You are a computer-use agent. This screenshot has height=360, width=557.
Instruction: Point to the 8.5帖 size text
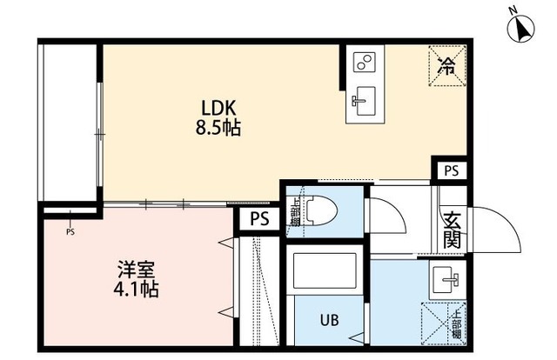click(x=218, y=130)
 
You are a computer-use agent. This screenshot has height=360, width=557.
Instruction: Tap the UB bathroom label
click(x=329, y=320)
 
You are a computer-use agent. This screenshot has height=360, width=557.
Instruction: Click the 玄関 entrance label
click(x=452, y=230)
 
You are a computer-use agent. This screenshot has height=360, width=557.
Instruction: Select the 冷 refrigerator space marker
click(x=446, y=63)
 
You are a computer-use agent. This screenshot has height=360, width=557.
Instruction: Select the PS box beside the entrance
click(x=450, y=170)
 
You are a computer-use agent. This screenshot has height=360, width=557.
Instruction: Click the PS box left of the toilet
click(x=258, y=219)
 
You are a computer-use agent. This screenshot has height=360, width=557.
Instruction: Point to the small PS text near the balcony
click(x=70, y=232)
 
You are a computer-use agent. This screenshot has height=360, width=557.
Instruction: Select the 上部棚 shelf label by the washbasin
click(x=455, y=323)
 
